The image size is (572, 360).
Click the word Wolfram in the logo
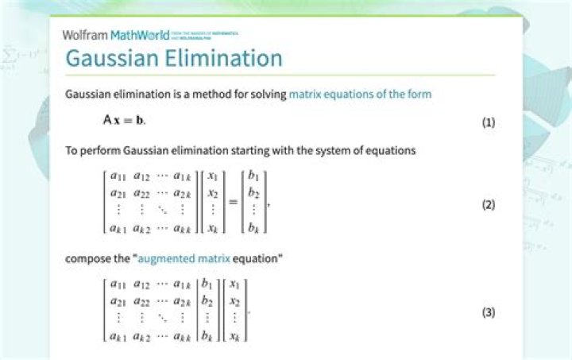tap(85, 35)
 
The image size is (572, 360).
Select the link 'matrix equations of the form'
tap(360, 94)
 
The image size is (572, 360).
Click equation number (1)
tap(489, 122)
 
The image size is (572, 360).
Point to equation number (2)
tap(489, 204)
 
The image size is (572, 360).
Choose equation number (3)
tap(489, 312)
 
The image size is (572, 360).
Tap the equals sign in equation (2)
tap(233, 202)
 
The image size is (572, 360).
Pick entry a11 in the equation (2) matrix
tap(118, 176)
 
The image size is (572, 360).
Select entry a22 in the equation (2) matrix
tap(141, 193)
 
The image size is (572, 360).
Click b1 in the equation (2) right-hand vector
tap(253, 176)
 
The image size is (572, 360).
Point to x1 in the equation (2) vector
tap(212, 176)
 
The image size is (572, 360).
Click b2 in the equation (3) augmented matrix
tap(207, 301)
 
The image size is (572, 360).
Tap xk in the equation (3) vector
tap(234, 336)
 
